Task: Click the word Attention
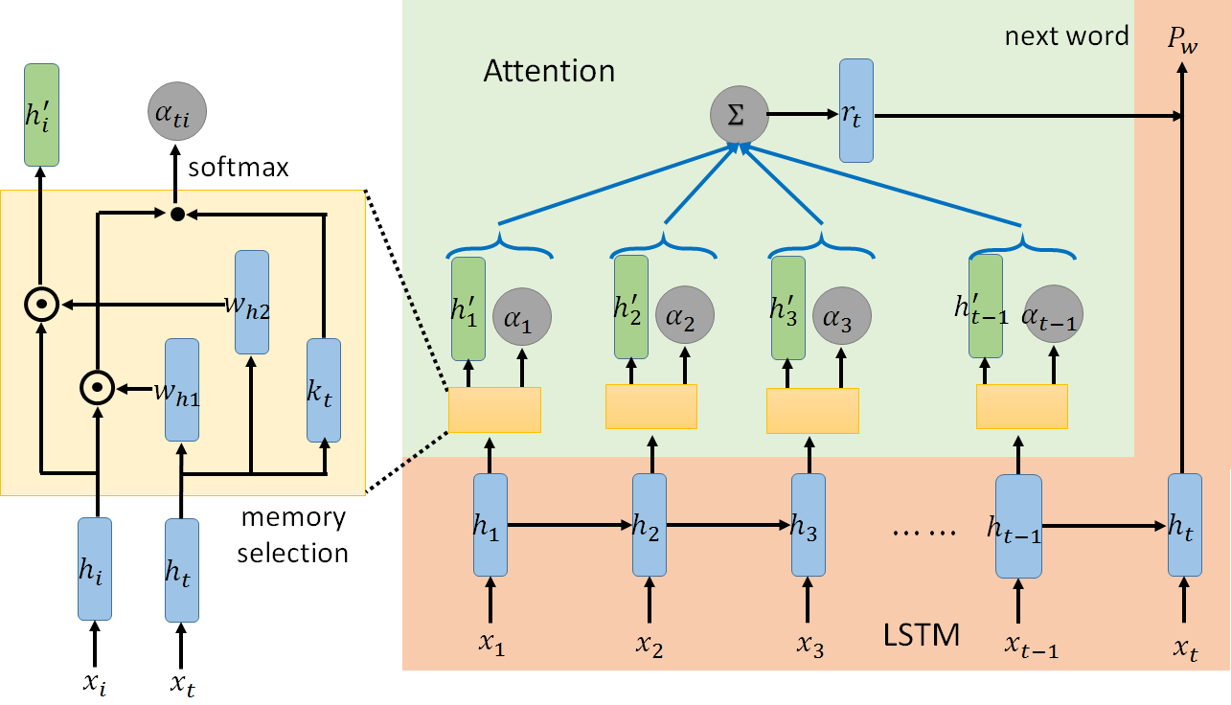(x=549, y=71)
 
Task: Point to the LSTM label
(x=921, y=634)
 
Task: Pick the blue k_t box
(x=324, y=391)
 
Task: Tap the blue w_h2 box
(x=251, y=301)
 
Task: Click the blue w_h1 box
(x=182, y=389)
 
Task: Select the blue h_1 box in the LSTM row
(x=490, y=525)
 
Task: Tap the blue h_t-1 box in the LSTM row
(x=1017, y=526)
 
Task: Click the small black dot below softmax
(x=177, y=215)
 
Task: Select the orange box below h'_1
(x=494, y=410)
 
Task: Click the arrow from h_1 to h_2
(x=570, y=525)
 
